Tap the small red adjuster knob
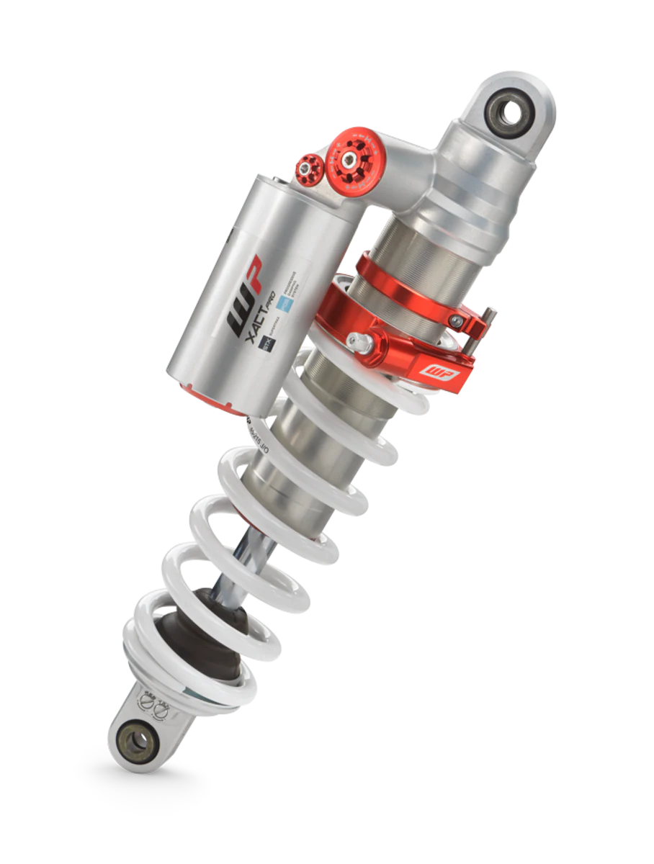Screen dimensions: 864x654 click(310, 168)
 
